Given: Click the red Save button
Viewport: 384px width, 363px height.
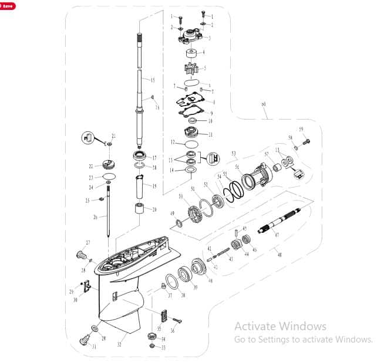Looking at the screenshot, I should tap(8, 5).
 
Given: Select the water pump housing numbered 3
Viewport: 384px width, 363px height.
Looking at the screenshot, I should tap(191, 38).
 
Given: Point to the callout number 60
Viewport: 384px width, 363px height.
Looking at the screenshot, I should tap(264, 104).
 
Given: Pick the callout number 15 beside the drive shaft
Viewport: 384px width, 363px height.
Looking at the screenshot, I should tap(152, 80).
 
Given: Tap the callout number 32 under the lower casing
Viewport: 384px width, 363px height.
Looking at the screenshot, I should tap(119, 345).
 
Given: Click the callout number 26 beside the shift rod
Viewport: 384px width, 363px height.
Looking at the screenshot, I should tap(95, 218).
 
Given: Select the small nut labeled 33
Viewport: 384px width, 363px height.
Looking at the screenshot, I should tap(151, 347).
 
